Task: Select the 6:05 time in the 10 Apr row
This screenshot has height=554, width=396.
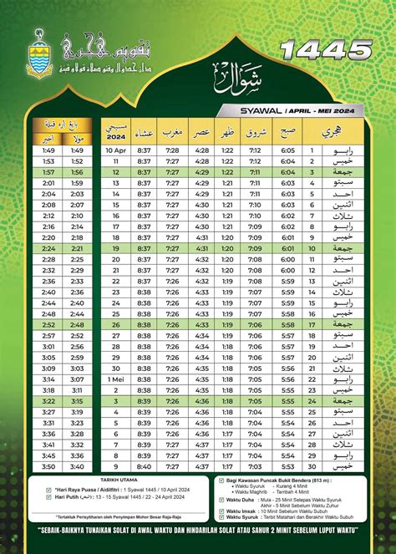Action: [x=288, y=150]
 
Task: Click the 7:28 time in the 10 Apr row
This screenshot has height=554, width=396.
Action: [x=173, y=150]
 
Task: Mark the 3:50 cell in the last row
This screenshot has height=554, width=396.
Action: [x=48, y=466]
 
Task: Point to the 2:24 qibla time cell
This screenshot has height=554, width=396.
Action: [x=48, y=248]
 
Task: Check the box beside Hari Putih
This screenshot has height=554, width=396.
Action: [x=48, y=501]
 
